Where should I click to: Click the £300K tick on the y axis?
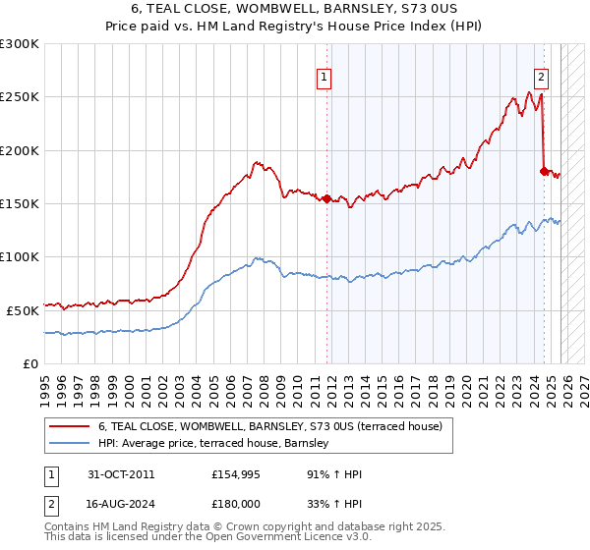click(20, 44)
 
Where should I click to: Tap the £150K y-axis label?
click(20, 204)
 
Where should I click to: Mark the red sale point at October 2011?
click(327, 198)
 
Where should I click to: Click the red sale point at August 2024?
click(544, 171)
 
